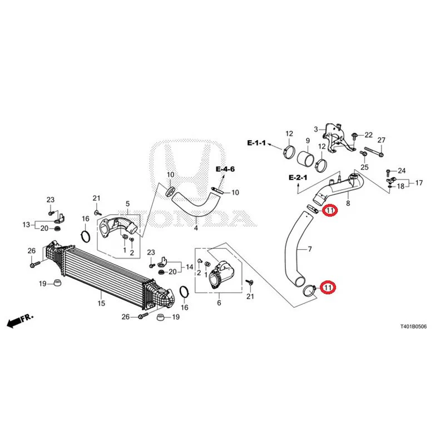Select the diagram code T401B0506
pos(413,327)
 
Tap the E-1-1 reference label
pos(256,143)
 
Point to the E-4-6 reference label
pos(225,169)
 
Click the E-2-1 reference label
pos(298,177)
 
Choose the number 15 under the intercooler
pos(101,303)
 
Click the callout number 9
pos(308,141)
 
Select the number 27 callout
pos(381,140)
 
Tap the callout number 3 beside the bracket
pos(316,130)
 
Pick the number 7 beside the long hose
pos(310,249)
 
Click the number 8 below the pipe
pos(348,203)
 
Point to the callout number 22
pos(368,135)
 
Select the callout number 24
pos(402,171)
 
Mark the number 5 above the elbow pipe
pos(127,204)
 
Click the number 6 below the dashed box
pos(219,303)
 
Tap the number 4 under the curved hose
pos(196,228)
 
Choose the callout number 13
pos(26,225)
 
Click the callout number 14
pos(189,267)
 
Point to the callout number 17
pos(419,183)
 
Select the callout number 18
pos(400,186)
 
